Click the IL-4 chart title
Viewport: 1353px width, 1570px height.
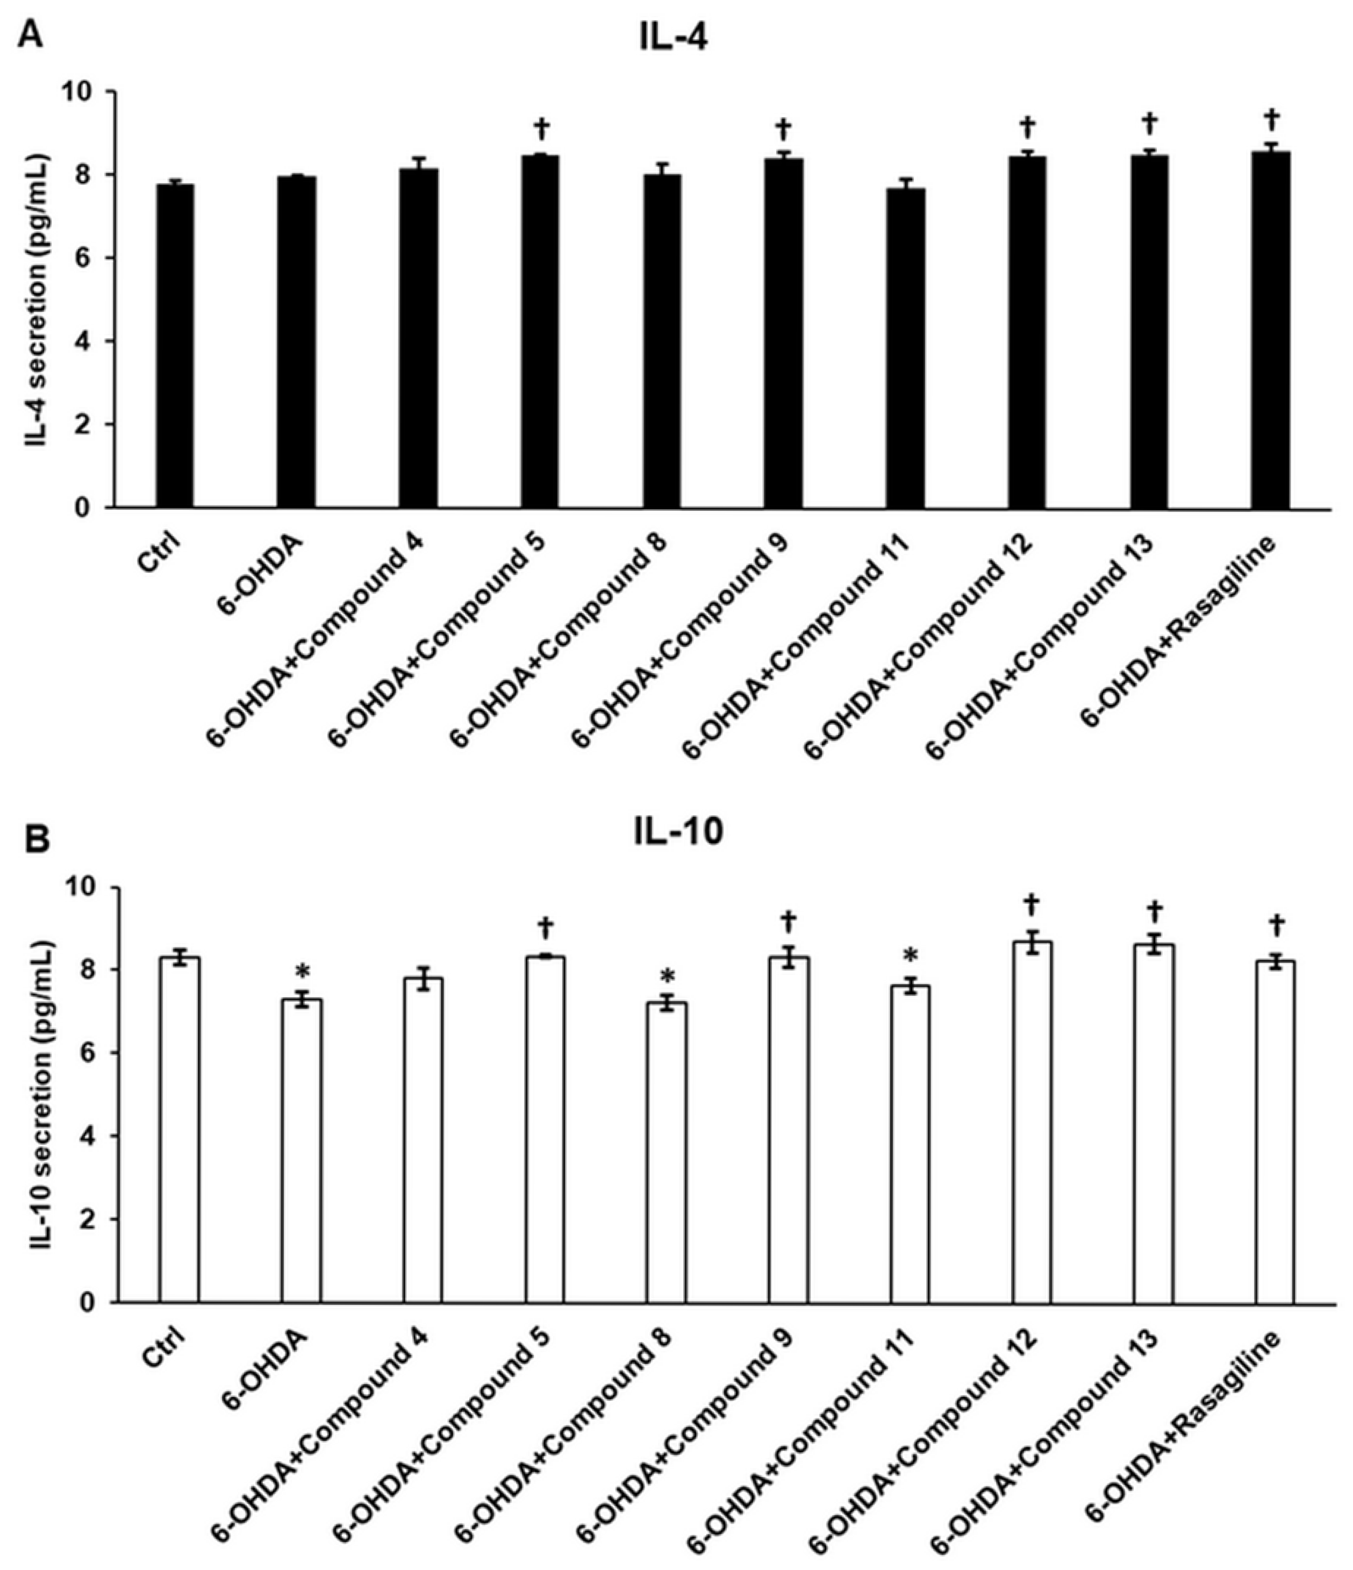[672, 38]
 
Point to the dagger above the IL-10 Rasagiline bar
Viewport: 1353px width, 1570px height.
[1276, 925]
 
